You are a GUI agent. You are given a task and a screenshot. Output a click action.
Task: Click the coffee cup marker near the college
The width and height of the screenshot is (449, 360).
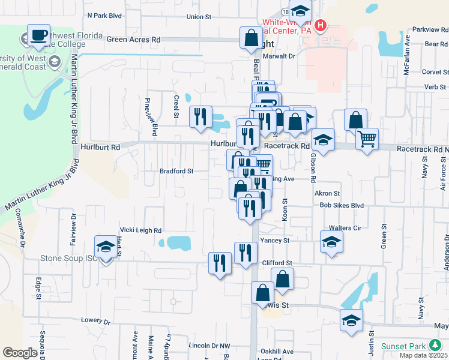39,35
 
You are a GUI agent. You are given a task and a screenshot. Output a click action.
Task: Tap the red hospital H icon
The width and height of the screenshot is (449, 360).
321,26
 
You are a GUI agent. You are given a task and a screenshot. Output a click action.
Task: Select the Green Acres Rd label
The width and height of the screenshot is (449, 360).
134,39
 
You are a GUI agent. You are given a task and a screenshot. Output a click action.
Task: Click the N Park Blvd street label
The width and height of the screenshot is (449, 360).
104,16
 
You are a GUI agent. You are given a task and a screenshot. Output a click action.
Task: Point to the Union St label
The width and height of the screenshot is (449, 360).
199,17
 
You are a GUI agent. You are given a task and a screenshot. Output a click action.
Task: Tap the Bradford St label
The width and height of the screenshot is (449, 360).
176,171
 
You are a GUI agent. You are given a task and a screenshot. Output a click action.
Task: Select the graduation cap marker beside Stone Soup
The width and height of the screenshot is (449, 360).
106,247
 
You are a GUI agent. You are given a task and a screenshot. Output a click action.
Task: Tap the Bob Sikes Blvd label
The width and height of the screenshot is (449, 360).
342,205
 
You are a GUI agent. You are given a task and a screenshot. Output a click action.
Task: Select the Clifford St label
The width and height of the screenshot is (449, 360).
277,263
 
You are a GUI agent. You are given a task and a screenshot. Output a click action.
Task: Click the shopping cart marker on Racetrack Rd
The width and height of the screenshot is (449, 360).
367,140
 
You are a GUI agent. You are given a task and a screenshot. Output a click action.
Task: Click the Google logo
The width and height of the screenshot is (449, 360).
20,352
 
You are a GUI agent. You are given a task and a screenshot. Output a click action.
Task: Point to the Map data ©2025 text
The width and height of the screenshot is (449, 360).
424,355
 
